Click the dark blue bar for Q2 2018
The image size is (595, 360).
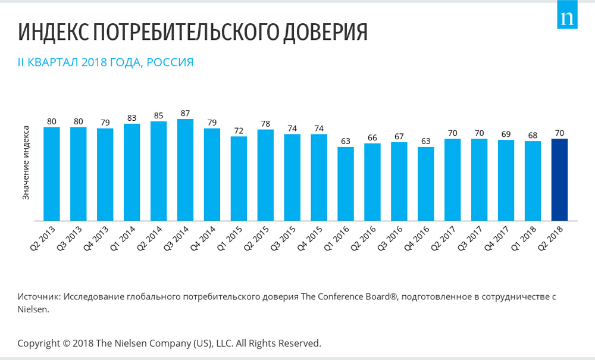tap(559, 180)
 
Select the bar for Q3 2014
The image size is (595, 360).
tap(185, 170)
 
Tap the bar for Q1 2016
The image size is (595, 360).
tap(346, 184)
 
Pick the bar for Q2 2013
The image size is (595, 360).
tap(52, 174)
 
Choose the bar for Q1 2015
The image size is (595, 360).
tap(239, 179)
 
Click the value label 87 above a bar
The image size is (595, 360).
tap(185, 114)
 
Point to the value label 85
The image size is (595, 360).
tap(159, 115)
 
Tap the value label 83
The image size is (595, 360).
tap(131, 118)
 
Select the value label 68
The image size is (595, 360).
tap(533, 136)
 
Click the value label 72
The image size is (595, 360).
tap(239, 131)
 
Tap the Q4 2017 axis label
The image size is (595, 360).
tap(497, 238)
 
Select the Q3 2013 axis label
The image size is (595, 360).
tap(70, 238)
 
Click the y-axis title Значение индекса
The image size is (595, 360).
tap(26, 162)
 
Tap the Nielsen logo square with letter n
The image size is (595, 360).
tap(567, 14)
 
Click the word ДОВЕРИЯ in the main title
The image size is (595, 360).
tap(325, 32)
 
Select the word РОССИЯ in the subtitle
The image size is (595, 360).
tap(170, 62)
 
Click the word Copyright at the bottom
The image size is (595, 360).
tap(39, 344)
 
